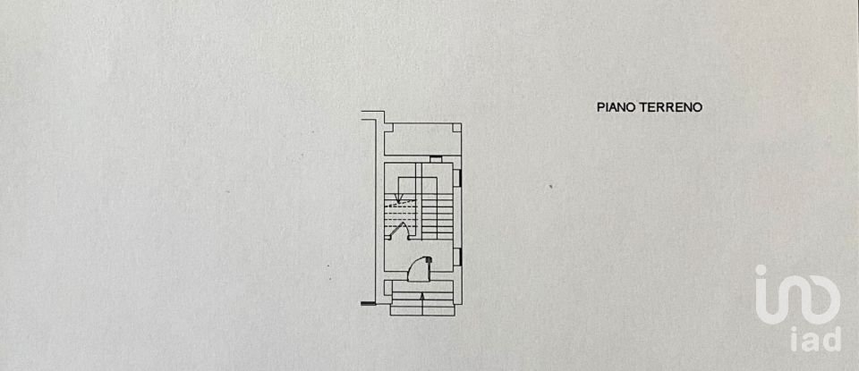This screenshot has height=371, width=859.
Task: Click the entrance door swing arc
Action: [416, 266]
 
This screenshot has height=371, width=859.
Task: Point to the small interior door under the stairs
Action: [400, 231]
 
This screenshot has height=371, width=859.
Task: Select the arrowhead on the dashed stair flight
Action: [400, 198]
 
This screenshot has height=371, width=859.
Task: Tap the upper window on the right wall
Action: [458, 177]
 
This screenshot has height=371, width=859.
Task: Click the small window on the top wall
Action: [436, 159]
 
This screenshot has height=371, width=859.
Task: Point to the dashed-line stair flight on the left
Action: [400, 213]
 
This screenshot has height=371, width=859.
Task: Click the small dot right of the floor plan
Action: [551, 186]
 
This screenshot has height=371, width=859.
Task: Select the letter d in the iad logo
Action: [831, 340]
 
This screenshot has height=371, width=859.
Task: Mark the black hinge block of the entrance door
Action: [429, 260]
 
